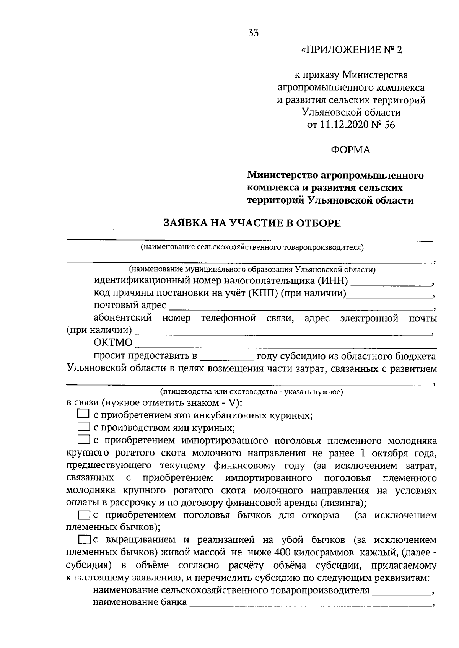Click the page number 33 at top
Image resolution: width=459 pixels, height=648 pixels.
pyautogui.click(x=253, y=33)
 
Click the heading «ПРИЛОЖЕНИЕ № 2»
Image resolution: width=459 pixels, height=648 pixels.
pyautogui.click(x=352, y=50)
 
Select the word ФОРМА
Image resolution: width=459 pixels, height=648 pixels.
pyautogui.click(x=351, y=150)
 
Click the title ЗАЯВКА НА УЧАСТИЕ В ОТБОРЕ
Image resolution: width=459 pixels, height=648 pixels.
pyautogui.click(x=252, y=223)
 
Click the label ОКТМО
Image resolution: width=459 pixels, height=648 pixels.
pyautogui.click(x=113, y=342)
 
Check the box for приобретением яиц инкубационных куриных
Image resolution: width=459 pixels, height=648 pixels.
pyautogui.click(x=83, y=414)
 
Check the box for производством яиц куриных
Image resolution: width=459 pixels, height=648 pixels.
pyautogui.click(x=83, y=426)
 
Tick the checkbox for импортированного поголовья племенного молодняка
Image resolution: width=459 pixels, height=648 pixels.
pyautogui.click(x=83, y=439)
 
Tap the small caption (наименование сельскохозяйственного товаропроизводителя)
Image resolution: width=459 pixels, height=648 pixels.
pyautogui.click(x=252, y=247)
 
